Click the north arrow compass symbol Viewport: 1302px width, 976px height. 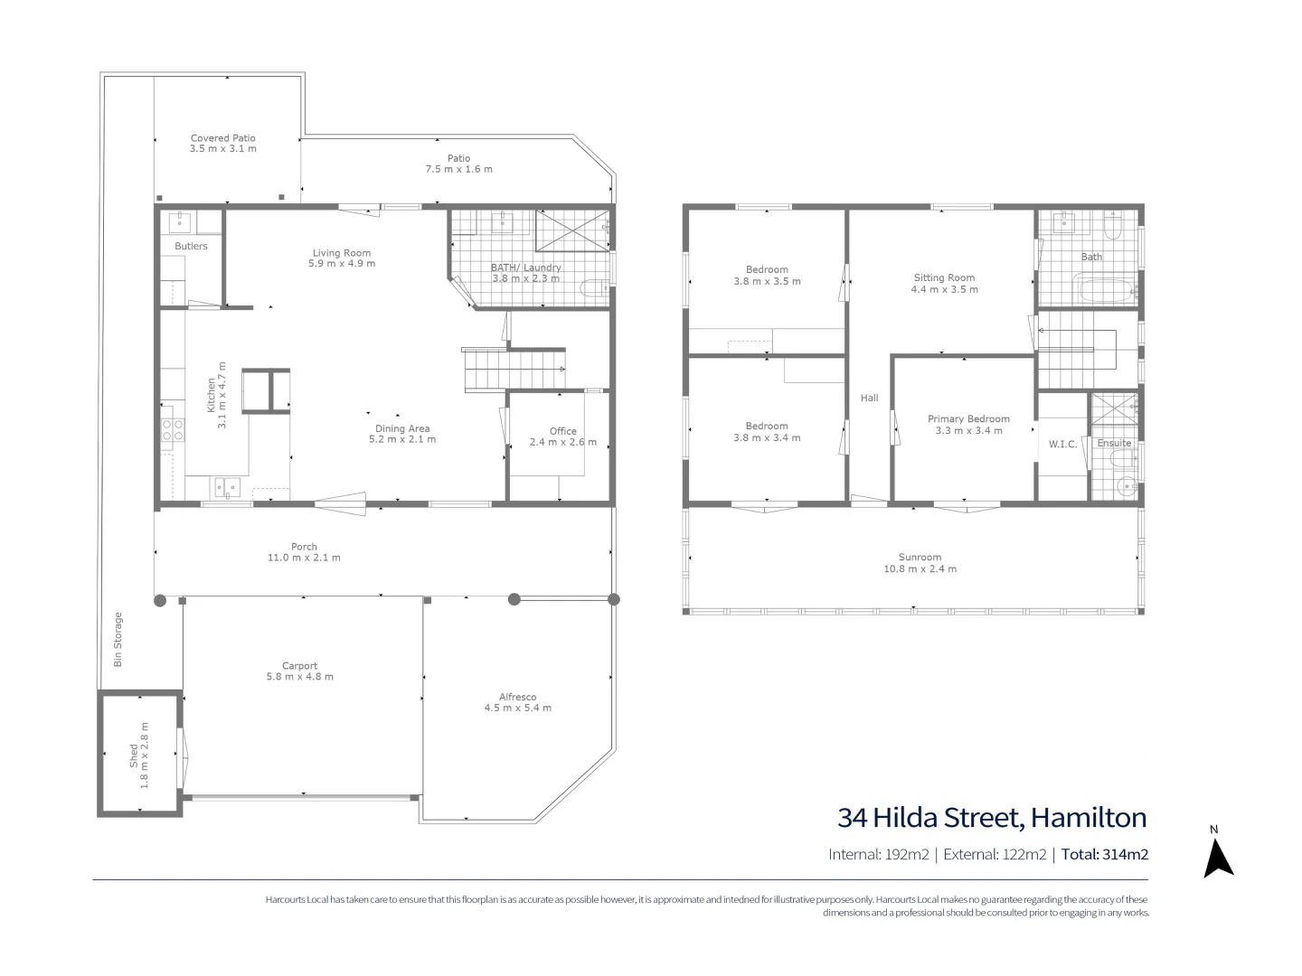point(1218,857)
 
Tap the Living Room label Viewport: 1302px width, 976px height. point(342,253)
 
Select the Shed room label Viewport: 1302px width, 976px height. point(134,755)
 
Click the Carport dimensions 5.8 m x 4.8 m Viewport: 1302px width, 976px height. point(300,677)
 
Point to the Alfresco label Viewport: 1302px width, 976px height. point(518,697)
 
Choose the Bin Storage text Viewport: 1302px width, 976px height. point(118,640)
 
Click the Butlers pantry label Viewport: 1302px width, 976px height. point(191,246)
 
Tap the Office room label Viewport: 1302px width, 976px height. point(562,431)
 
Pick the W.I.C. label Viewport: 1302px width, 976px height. point(1062,444)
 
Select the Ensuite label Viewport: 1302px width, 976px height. point(1114,444)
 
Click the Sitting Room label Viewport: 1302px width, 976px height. point(944,278)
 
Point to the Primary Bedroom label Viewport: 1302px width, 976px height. point(968,419)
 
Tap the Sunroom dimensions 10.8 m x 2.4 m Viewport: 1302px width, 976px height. point(920,569)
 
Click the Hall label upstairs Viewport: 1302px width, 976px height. point(869,398)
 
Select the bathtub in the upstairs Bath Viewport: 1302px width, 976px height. point(1105,292)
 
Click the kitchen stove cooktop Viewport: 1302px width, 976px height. point(173,428)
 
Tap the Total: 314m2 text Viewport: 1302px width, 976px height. point(1105,854)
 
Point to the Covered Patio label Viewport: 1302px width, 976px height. point(223,138)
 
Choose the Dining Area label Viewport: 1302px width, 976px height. point(402,428)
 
